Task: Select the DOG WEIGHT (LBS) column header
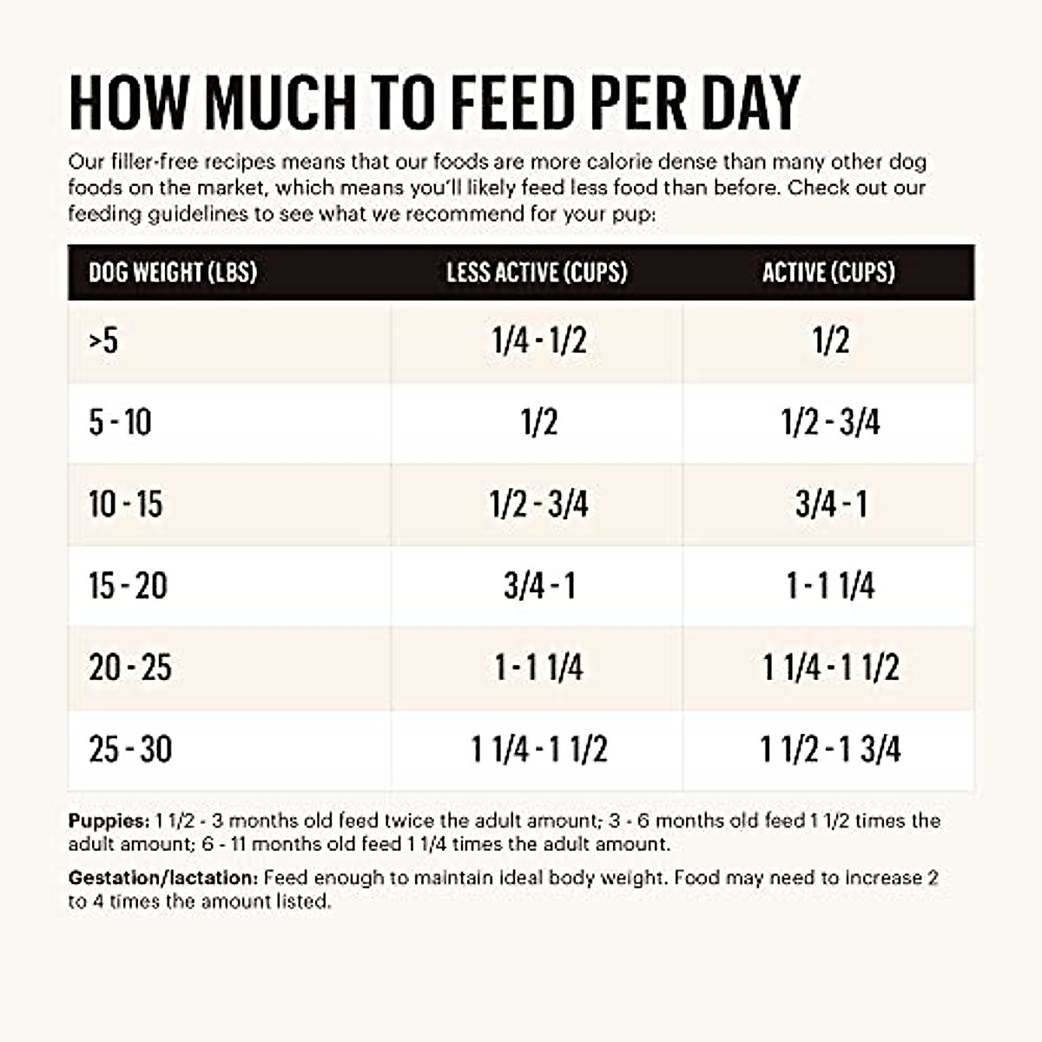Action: [x=173, y=273]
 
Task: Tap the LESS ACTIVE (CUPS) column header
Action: [x=537, y=273]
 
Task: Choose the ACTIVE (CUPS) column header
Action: [x=828, y=273]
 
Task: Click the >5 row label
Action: [x=103, y=340]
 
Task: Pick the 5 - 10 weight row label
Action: [x=120, y=423]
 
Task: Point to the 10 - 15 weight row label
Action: [x=125, y=504]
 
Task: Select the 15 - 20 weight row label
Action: [x=128, y=586]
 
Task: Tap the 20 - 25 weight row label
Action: [x=130, y=668]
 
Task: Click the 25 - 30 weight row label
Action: [x=130, y=749]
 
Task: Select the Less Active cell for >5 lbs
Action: [x=538, y=340]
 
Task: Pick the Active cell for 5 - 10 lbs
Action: [x=830, y=423]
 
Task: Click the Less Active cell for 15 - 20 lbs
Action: [x=538, y=586]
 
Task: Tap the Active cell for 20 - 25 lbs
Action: [x=830, y=668]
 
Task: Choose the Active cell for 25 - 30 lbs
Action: [x=830, y=749]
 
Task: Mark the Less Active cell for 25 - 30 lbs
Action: [x=538, y=749]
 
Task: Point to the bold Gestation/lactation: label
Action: [x=163, y=878]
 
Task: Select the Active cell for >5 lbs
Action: [x=830, y=340]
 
